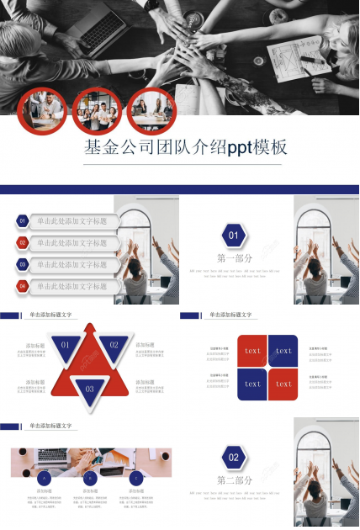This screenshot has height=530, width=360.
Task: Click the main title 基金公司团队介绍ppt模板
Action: (186, 148)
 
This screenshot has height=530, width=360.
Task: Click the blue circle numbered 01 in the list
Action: (23, 221)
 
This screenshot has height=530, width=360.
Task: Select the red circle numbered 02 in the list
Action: (23, 243)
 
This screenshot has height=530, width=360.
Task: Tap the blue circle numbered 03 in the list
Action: (23, 264)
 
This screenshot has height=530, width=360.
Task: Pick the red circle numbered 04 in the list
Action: (23, 286)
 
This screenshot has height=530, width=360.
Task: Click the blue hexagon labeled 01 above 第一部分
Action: (234, 236)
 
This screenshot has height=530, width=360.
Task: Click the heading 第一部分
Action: (234, 258)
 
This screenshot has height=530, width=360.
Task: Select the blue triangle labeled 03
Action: (90, 388)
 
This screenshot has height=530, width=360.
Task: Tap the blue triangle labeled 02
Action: (114, 345)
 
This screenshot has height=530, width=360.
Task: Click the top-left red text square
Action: (252, 351)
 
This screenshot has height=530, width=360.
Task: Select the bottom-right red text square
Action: (283, 384)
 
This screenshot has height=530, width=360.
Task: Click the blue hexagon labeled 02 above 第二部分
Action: (234, 458)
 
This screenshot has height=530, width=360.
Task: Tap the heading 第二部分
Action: (234, 480)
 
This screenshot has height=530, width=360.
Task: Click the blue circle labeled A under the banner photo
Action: (42, 478)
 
